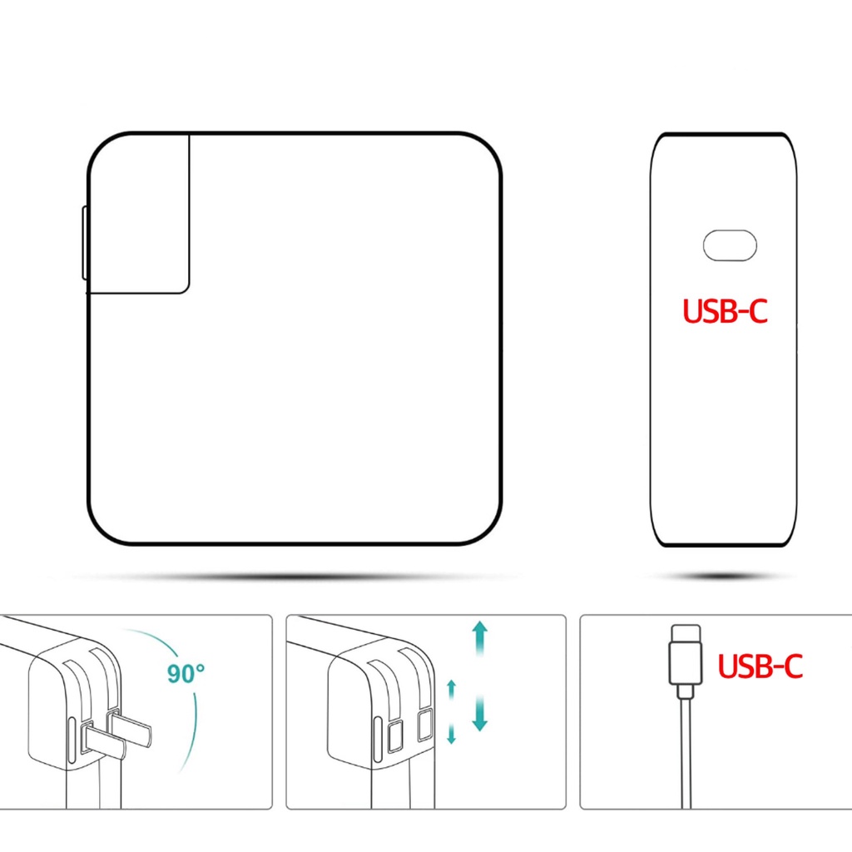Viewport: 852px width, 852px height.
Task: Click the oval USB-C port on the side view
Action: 730,245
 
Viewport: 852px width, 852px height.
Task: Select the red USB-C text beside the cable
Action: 760,666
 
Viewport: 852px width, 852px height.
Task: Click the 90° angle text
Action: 186,673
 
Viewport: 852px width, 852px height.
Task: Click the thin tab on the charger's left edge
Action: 85,243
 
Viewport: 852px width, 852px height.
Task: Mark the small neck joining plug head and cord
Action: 686,691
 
